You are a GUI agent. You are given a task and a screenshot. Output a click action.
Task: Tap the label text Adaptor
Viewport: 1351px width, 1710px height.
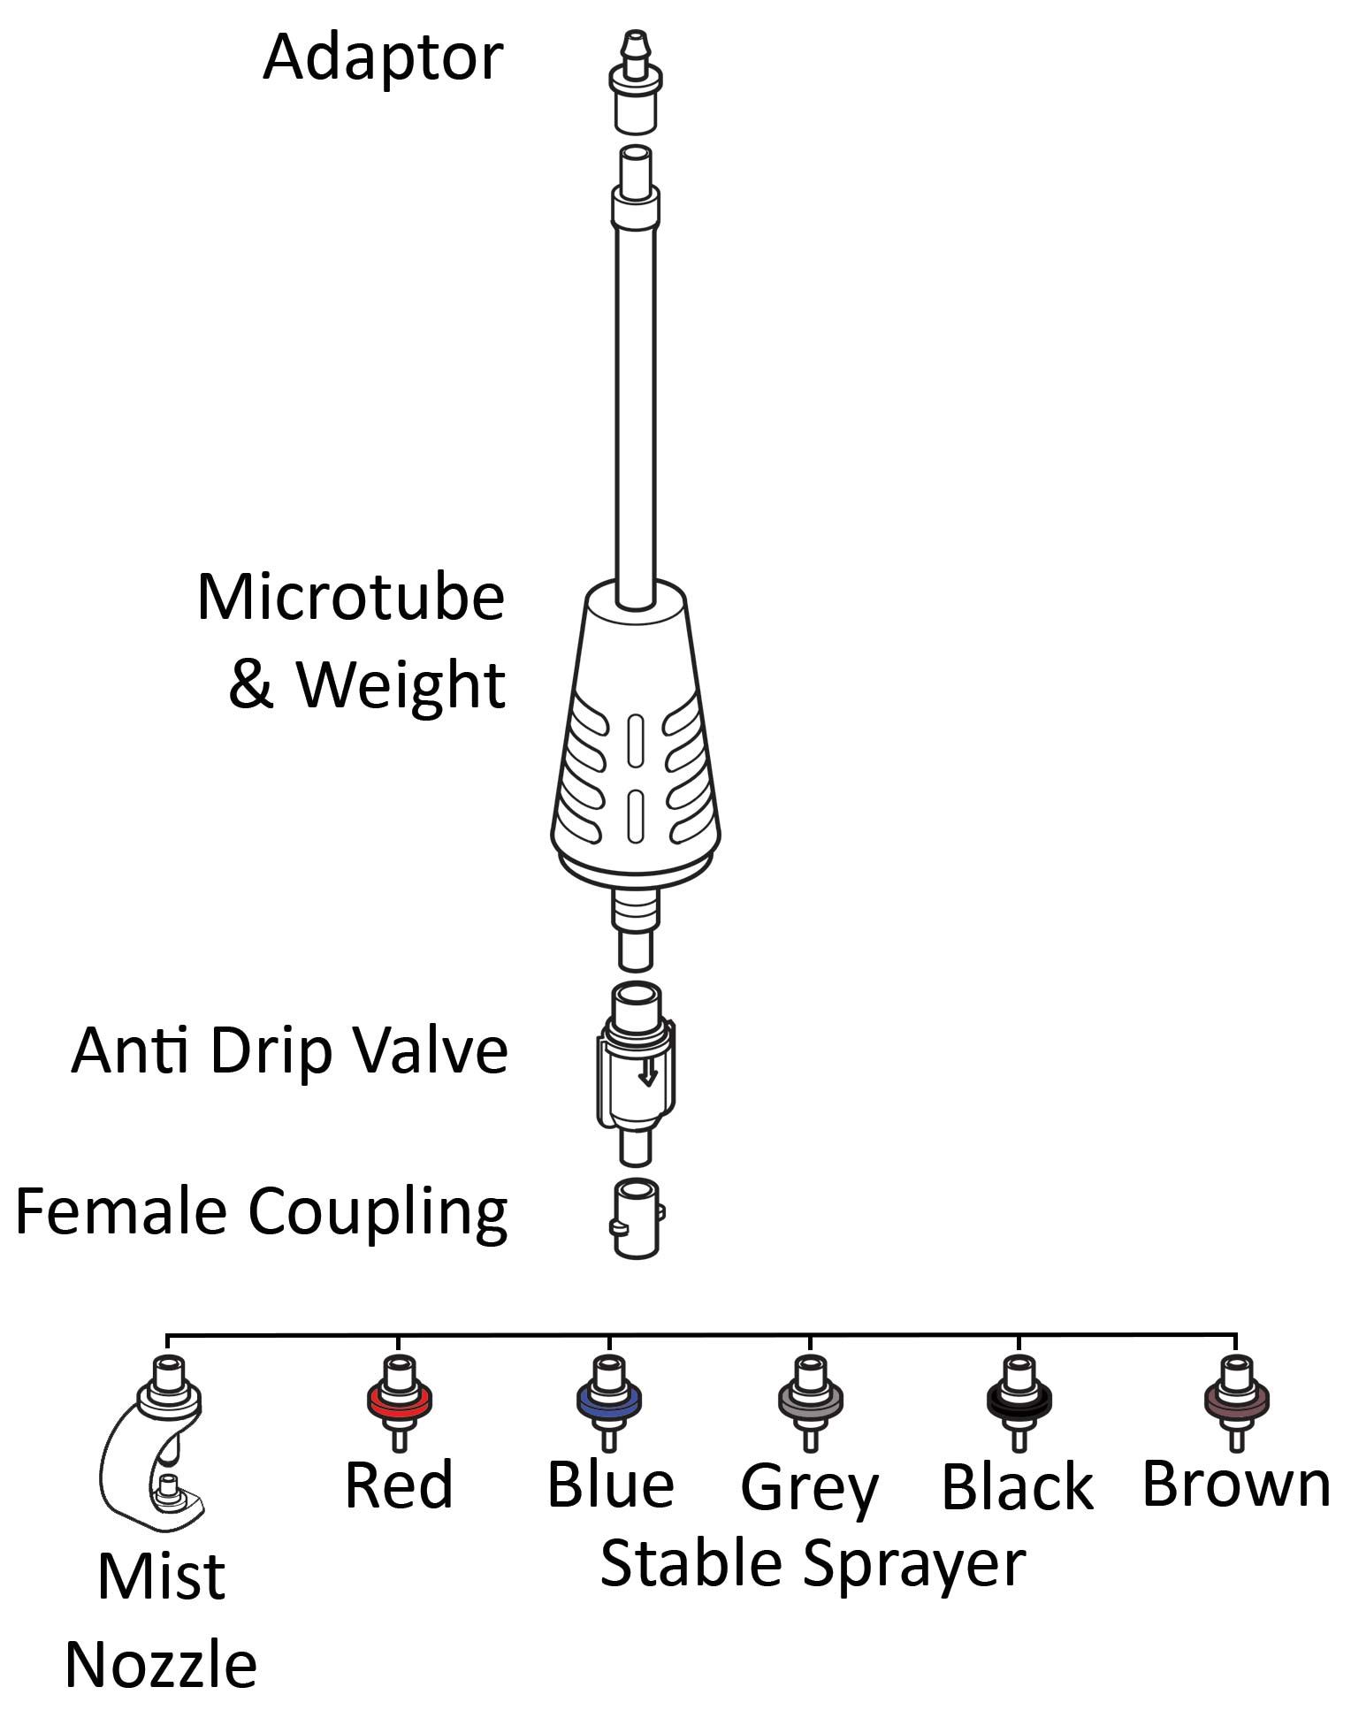point(383,57)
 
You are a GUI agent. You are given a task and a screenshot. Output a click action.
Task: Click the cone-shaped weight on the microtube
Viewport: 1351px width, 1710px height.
point(635,734)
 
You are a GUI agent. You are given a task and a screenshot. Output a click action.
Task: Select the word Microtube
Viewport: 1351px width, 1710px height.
point(351,598)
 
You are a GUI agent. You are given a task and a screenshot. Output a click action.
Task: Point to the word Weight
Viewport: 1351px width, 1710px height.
point(401,685)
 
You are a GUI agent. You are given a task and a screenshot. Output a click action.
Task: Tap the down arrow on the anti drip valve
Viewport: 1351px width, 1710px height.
point(649,1073)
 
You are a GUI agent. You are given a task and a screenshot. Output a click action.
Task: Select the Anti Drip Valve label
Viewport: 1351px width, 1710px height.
point(290,1050)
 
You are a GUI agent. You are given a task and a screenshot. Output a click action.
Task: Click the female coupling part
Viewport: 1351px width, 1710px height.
point(637,1218)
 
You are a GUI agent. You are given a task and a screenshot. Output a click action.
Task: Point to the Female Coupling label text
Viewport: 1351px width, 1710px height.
point(262,1211)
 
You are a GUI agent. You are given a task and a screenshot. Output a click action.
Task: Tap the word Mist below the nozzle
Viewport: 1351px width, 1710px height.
point(161,1576)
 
